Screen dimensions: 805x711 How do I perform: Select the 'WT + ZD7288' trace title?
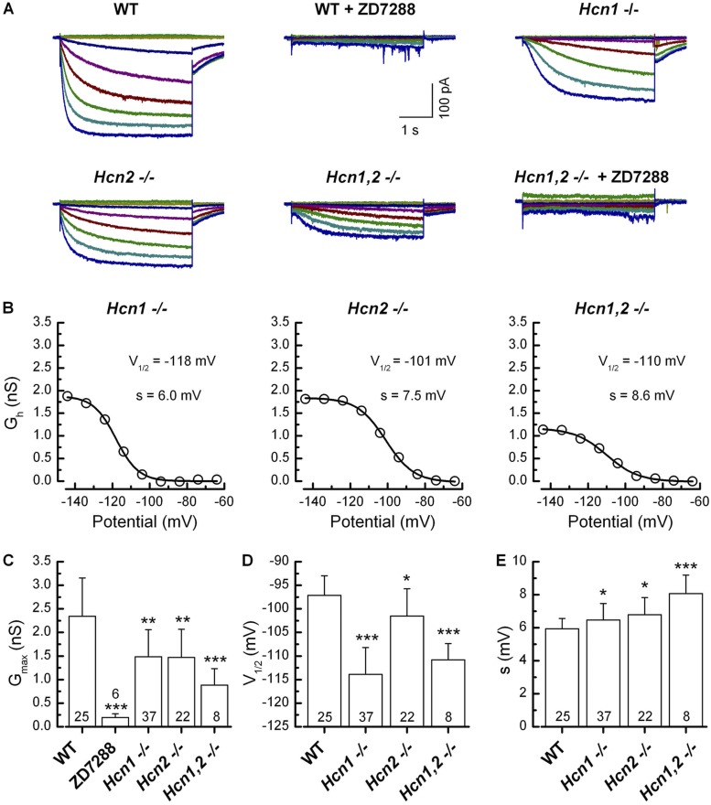click(x=348, y=12)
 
